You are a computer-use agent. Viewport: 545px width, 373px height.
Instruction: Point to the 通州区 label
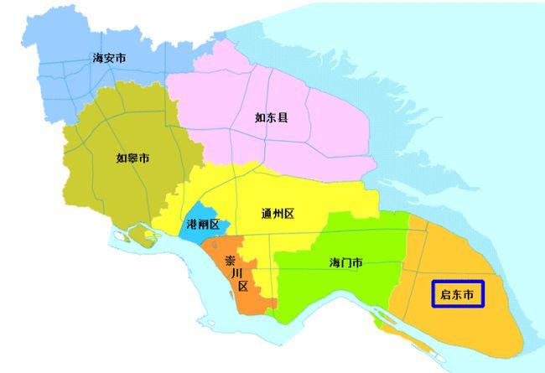278,214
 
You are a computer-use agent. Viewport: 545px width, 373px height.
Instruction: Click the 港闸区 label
201,225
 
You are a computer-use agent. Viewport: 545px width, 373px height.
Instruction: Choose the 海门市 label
345,263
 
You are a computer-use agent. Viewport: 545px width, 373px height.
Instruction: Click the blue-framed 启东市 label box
458,295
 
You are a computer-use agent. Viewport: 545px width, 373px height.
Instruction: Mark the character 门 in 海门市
345,263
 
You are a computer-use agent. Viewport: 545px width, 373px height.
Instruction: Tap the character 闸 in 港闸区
201,225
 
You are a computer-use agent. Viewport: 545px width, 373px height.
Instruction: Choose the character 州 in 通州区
278,214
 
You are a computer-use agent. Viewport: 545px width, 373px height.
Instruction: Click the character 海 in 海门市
334,263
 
